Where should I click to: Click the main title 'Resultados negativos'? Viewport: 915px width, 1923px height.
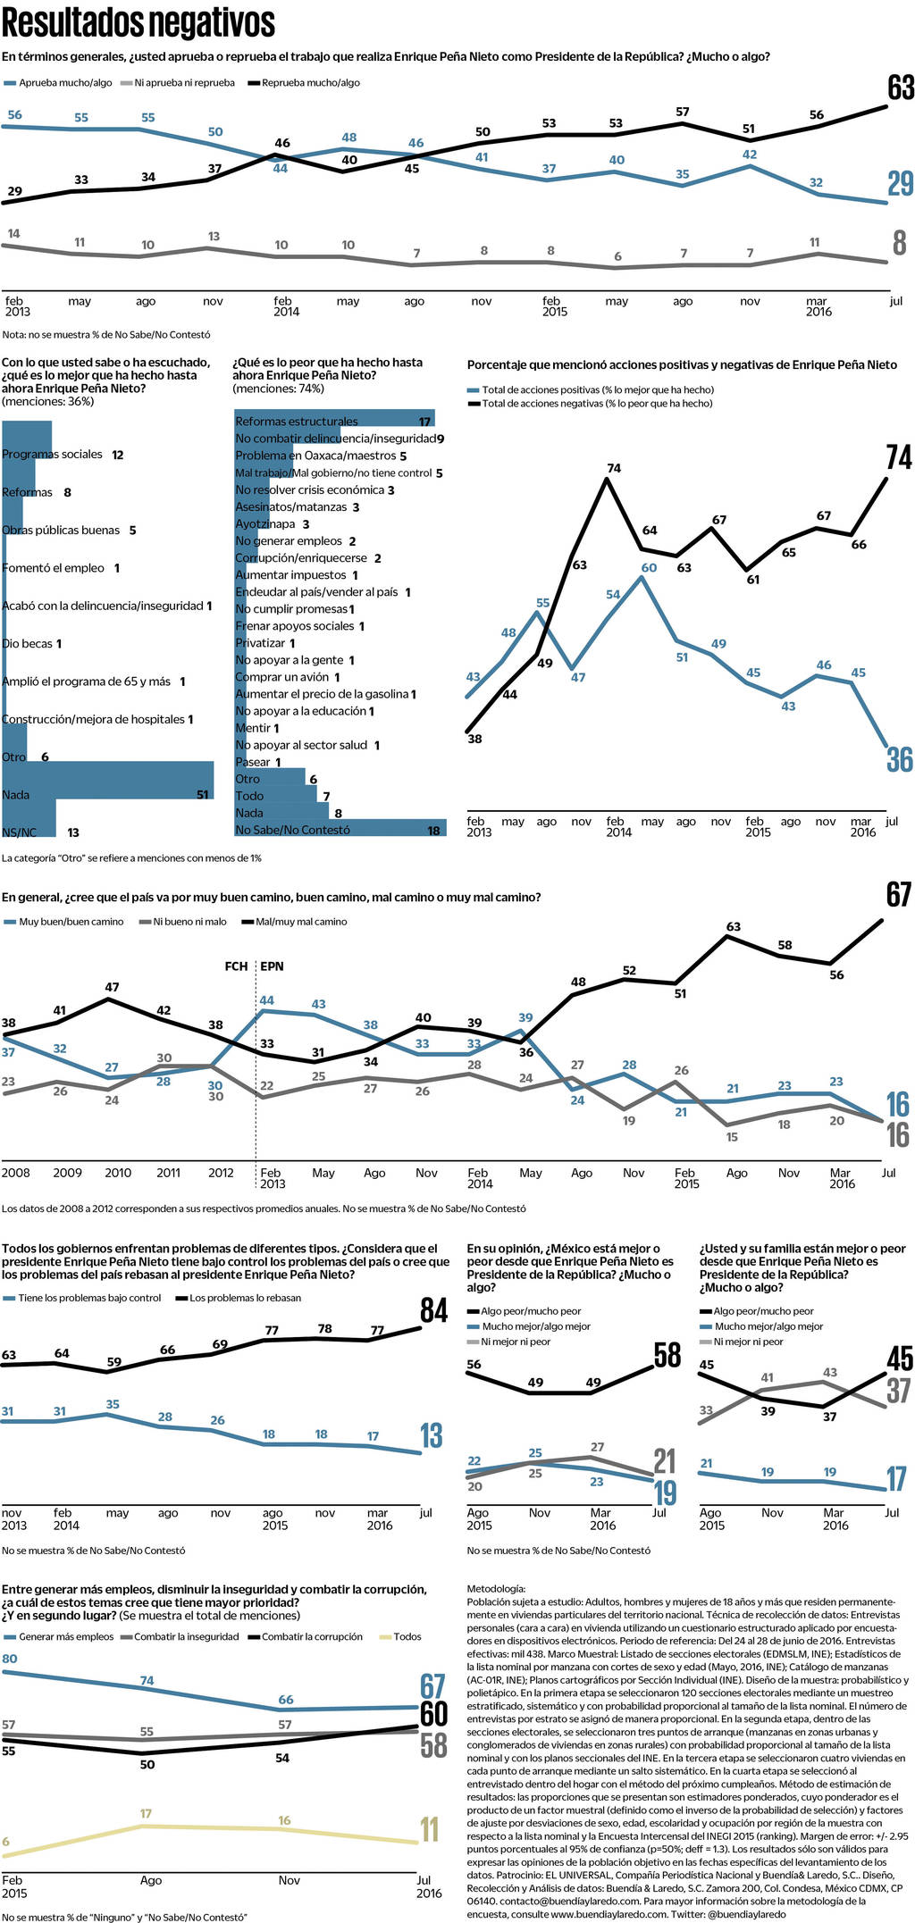tap(139, 23)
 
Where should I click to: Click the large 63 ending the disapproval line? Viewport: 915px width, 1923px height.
tap(901, 88)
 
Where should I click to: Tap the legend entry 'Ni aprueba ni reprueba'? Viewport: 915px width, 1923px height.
tap(184, 83)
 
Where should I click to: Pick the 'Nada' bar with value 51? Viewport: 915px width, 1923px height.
tap(107, 780)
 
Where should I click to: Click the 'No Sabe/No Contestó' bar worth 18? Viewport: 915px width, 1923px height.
tap(340, 829)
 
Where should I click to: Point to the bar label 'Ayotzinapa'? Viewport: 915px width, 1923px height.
tap(264, 524)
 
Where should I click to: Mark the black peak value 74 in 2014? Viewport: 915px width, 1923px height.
tap(614, 468)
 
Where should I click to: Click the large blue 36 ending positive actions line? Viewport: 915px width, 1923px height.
tap(899, 760)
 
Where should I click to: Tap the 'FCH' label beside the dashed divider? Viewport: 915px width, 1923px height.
tap(236, 966)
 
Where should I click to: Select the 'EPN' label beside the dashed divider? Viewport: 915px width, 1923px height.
tap(272, 966)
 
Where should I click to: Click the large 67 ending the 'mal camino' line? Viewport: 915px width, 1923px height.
tap(899, 895)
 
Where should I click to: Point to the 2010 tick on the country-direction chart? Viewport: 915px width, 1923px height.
tap(118, 1173)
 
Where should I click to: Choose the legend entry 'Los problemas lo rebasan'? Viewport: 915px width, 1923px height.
tap(245, 1298)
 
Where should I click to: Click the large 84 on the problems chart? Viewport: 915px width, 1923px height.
tap(433, 1310)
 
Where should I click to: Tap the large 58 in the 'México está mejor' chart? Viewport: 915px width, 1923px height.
tap(667, 1355)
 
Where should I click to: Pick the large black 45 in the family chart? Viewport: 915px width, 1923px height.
tap(899, 1359)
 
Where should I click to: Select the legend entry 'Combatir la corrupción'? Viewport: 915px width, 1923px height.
tap(312, 1637)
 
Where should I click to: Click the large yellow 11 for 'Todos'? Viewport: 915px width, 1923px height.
tap(430, 1830)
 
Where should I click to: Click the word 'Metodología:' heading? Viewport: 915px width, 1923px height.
tap(496, 1589)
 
